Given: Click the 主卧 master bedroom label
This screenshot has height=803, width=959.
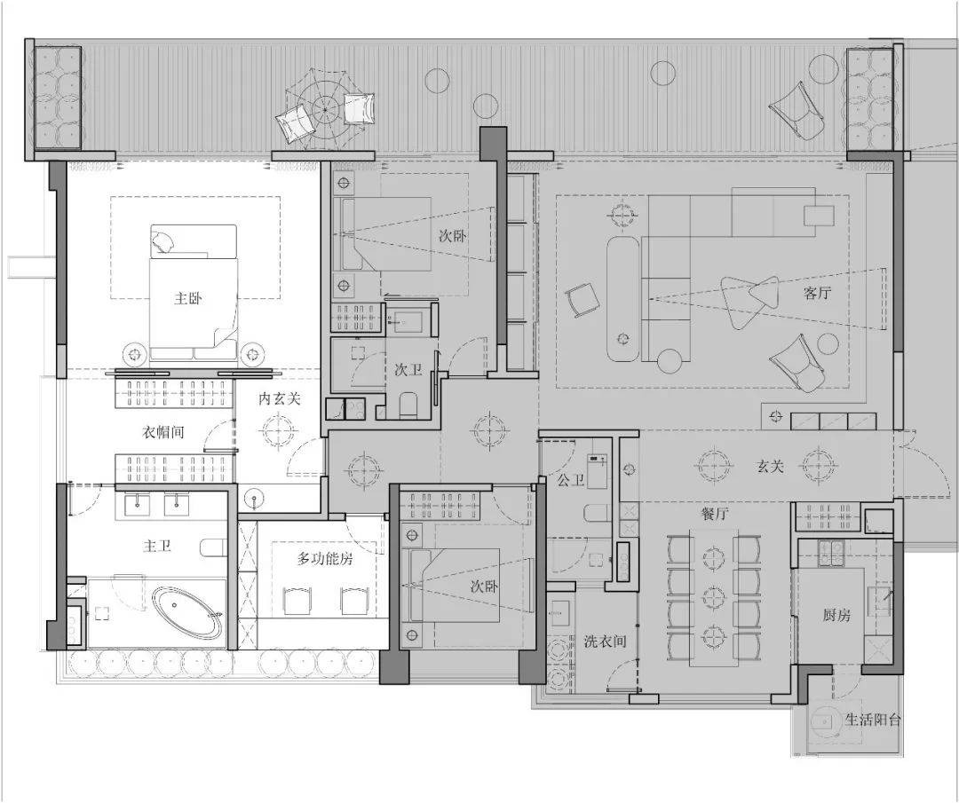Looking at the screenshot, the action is point(187,298).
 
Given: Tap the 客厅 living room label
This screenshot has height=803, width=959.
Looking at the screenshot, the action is point(817,293).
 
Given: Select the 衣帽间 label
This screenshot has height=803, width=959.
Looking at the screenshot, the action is point(162,432).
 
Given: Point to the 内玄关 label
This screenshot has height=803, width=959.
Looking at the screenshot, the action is point(280,399).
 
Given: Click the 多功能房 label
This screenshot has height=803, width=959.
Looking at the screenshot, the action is point(325,558).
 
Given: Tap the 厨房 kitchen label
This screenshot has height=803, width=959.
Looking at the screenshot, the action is point(836,615).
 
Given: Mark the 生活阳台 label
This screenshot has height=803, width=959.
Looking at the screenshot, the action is point(873,720).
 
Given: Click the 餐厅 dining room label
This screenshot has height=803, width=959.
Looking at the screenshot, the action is point(714,514).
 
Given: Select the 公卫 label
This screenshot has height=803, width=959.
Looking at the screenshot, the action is point(571,480).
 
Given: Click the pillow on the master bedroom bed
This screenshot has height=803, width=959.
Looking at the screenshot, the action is point(163,242).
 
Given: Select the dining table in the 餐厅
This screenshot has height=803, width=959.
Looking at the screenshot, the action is point(714,597).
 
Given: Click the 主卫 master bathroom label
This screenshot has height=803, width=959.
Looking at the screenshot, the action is point(156,546).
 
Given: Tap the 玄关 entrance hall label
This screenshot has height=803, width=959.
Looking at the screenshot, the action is point(770,467).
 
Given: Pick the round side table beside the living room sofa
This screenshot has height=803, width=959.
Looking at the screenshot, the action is point(670,360).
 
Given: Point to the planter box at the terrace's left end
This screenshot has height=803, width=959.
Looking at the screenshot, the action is point(58,98).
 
